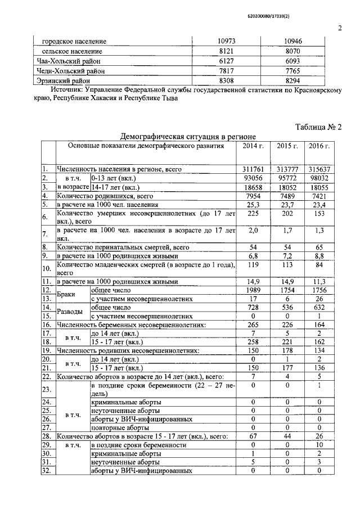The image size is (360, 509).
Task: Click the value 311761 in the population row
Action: (x=253, y=168)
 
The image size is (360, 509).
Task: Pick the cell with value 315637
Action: (x=319, y=168)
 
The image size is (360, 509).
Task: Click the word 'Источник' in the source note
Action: (x=69, y=89)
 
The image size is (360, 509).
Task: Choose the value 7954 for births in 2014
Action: (x=253, y=195)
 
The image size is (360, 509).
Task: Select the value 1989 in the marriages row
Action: (x=253, y=290)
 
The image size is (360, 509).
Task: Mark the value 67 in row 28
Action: (x=253, y=436)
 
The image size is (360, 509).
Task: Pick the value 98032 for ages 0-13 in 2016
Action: (x=319, y=177)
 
